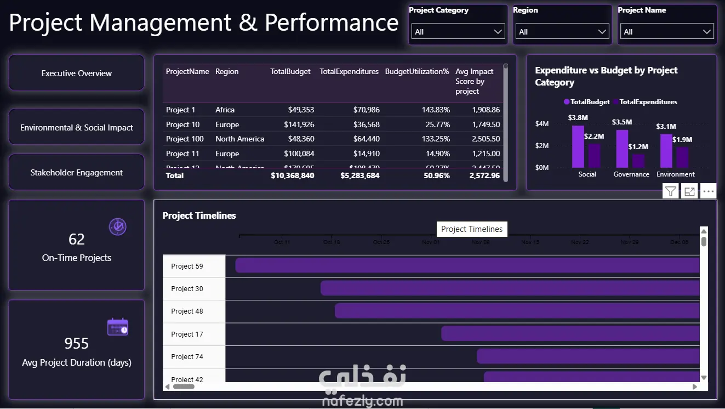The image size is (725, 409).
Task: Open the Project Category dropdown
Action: point(458,32)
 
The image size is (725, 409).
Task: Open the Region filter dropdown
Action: point(562,32)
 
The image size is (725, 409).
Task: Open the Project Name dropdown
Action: point(667,32)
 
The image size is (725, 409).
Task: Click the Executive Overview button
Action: point(77,73)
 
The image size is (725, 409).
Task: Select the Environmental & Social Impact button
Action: point(77,127)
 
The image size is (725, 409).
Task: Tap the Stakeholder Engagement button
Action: point(77,172)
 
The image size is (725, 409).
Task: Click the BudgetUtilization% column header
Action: point(417,71)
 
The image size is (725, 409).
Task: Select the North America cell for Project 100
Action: point(239,139)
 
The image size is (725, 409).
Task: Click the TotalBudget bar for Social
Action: point(578,146)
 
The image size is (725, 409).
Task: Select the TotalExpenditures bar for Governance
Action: point(638,161)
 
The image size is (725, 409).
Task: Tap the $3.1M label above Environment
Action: point(666,127)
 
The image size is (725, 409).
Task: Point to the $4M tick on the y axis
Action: point(541,124)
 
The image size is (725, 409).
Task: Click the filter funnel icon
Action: point(671,191)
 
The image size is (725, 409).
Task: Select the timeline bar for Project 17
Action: point(570,333)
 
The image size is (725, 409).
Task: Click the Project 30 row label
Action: point(187,289)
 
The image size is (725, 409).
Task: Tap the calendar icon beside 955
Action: point(117,327)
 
